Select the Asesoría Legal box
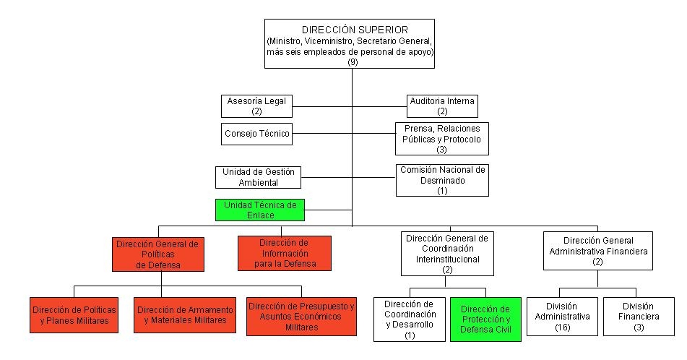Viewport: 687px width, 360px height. pyautogui.click(x=257, y=106)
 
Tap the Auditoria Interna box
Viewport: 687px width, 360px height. pyautogui.click(x=442, y=106)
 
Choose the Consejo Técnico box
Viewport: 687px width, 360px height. pyautogui.click(x=257, y=134)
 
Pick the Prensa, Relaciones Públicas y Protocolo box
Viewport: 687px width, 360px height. pyautogui.click(x=441, y=139)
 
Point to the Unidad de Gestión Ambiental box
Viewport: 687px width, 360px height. pyautogui.click(x=258, y=177)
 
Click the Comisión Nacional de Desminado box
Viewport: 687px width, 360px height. pyautogui.click(x=442, y=180)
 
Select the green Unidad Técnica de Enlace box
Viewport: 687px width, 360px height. pyautogui.click(x=260, y=210)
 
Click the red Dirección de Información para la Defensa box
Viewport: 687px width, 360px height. pyautogui.click(x=284, y=253)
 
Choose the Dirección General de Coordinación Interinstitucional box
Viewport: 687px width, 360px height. pyautogui.click(x=446, y=253)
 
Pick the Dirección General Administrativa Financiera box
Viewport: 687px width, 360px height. pyautogui.click(x=597, y=250)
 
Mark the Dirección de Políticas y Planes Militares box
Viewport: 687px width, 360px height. pyautogui.click(x=74, y=315)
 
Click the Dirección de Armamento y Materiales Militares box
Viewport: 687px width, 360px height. pyautogui.click(x=186, y=315)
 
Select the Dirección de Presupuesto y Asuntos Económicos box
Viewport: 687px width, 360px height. pyautogui.click(x=301, y=316)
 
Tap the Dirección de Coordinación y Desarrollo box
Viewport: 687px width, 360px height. pyautogui.click(x=410, y=319)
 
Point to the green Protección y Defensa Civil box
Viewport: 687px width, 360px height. pyautogui.click(x=485, y=319)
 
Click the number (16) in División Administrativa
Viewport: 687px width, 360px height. pyautogui.click(x=562, y=327)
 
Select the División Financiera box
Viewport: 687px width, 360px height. pyautogui.click(x=639, y=316)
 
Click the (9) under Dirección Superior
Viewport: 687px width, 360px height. pyautogui.click(x=353, y=62)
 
